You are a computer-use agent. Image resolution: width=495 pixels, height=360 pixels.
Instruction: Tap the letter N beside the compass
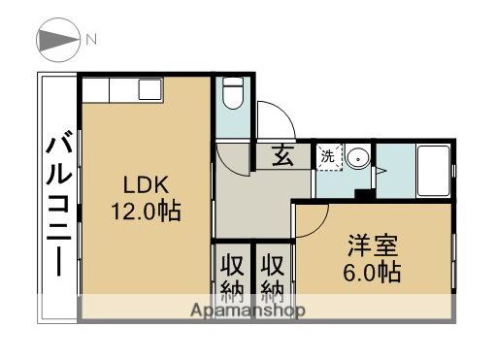pyautogui.click(x=91, y=40)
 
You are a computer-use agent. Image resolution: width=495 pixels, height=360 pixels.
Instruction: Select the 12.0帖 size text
pyautogui.click(x=146, y=210)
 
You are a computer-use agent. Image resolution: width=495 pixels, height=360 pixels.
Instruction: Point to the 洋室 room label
pyautogui.click(x=373, y=245)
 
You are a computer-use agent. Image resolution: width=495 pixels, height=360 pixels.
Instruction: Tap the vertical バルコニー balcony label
pyautogui.click(x=57, y=205)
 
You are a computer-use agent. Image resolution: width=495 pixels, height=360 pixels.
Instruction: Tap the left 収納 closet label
pyautogui.click(x=231, y=277)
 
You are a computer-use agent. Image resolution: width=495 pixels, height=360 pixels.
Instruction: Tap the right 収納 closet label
pyautogui.click(x=273, y=277)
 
